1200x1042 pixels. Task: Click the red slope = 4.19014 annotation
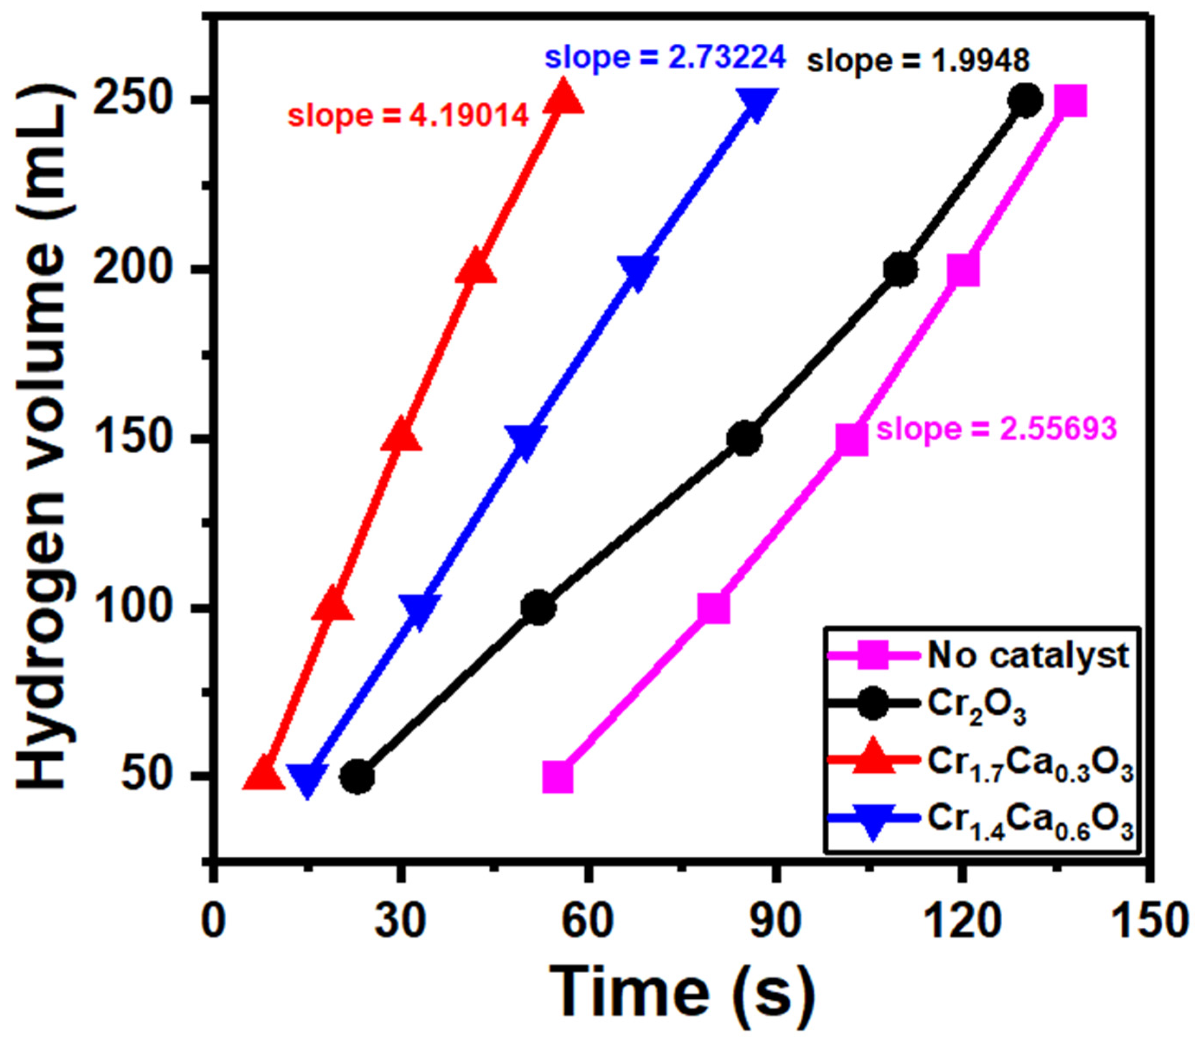408,115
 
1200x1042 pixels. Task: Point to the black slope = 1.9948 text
918,61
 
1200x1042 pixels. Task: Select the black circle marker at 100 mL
539,608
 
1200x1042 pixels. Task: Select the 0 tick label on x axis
215,922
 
